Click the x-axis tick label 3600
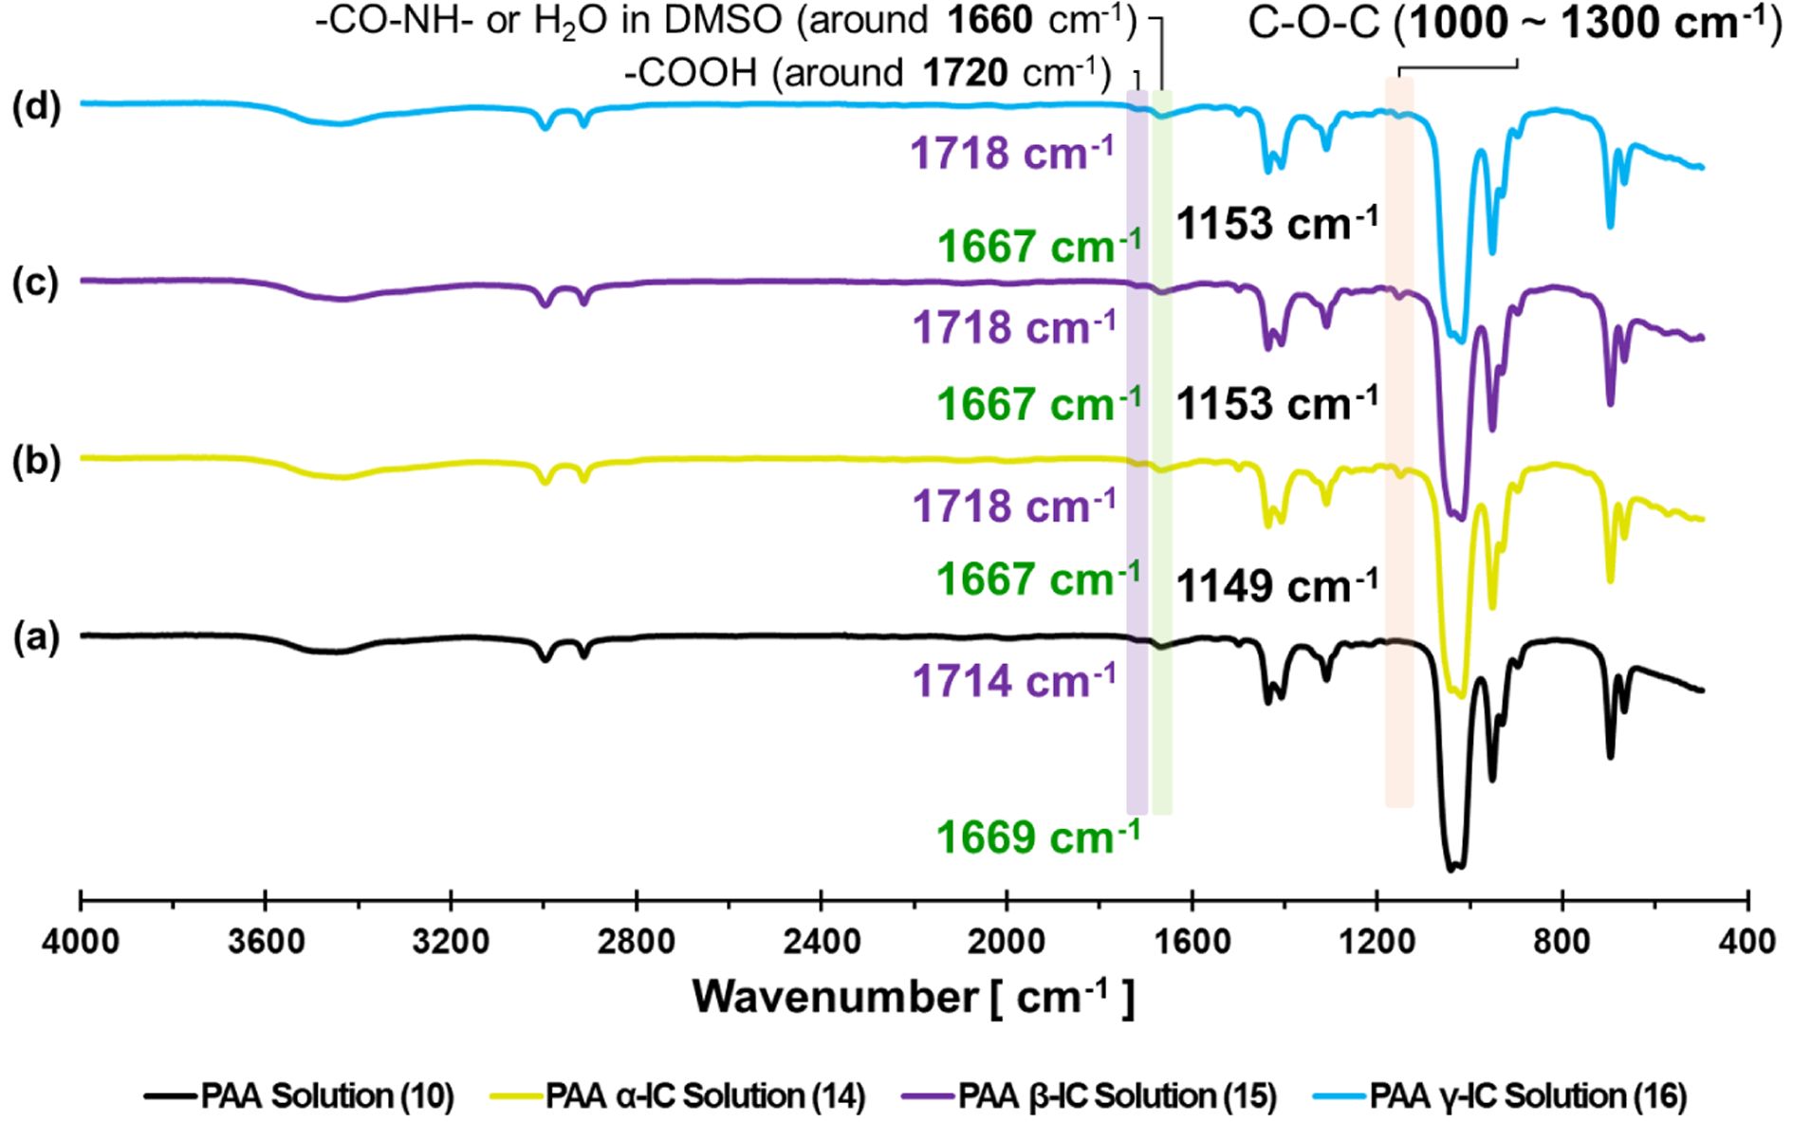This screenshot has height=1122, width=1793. (x=266, y=941)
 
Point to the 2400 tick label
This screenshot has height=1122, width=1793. (x=821, y=941)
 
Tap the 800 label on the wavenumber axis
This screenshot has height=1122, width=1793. (x=1562, y=941)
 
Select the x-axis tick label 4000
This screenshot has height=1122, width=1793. (x=81, y=941)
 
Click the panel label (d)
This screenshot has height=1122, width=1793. (x=36, y=106)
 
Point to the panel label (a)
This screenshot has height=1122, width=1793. (x=36, y=638)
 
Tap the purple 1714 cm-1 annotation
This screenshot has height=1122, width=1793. (x=1014, y=681)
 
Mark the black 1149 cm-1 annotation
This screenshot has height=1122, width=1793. (x=1277, y=586)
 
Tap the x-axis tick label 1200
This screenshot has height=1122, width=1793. (x=1377, y=941)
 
